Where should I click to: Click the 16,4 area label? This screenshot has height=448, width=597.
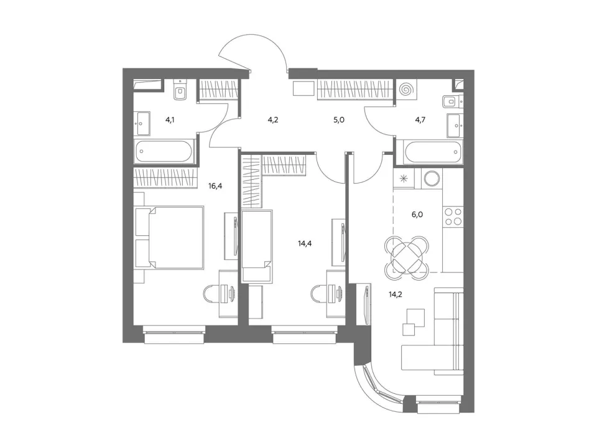coord(215,186)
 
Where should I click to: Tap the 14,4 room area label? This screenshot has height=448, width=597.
coord(305,243)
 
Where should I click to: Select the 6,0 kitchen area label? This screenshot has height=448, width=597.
coord(417,215)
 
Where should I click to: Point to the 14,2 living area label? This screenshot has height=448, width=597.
coord(396,294)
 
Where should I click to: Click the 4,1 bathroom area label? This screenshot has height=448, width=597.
coord(170,119)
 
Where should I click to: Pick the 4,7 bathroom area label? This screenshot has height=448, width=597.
coord(420,119)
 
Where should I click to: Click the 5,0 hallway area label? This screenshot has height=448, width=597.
coord(339,119)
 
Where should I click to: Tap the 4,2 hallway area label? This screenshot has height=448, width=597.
coord(273,119)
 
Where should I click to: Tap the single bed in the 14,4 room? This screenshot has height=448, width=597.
coord(257,246)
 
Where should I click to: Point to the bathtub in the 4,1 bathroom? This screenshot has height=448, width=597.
coord(164,152)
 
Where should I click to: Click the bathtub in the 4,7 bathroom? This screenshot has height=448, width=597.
coord(433,152)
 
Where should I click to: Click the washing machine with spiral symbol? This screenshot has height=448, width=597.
coord(407,89)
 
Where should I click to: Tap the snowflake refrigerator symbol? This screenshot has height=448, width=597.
coord(404,178)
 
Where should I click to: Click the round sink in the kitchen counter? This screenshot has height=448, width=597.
coord(432,178)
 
